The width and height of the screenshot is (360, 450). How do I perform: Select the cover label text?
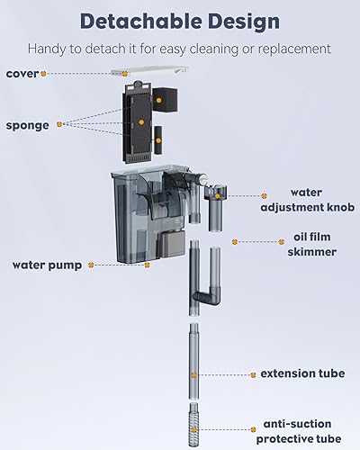click(x=22, y=74)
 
